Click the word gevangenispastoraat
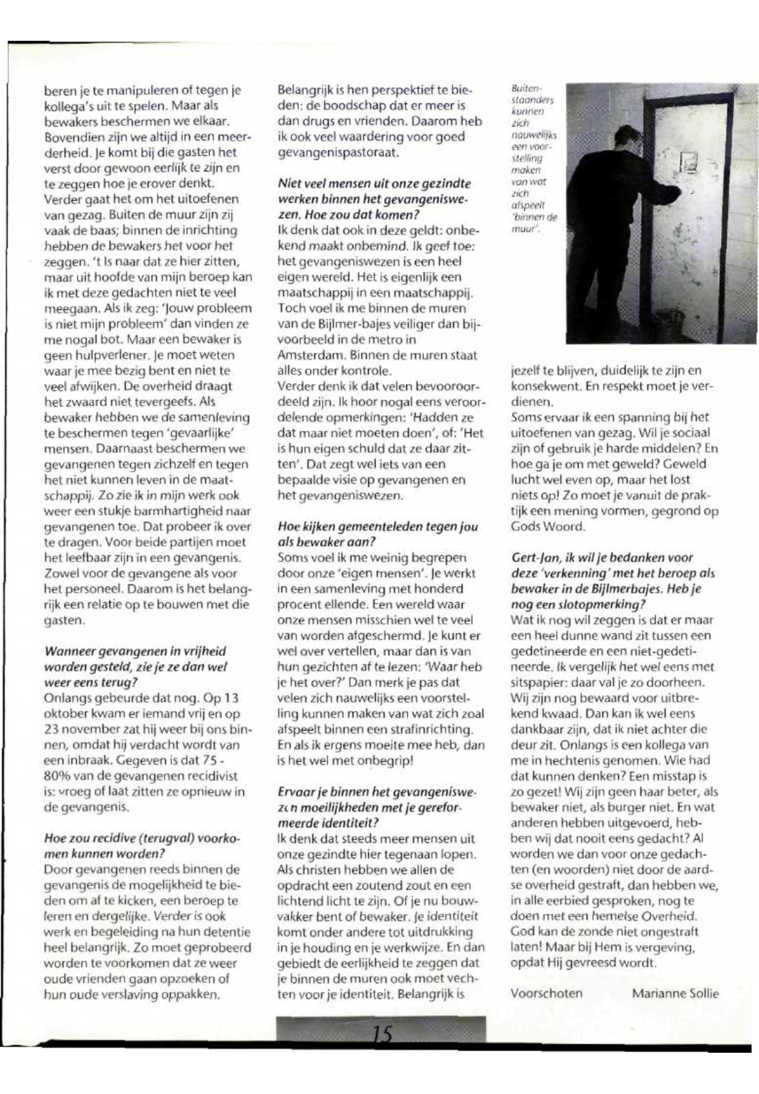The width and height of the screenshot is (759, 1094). [337, 153]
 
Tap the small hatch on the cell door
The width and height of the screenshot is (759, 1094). [687, 162]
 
